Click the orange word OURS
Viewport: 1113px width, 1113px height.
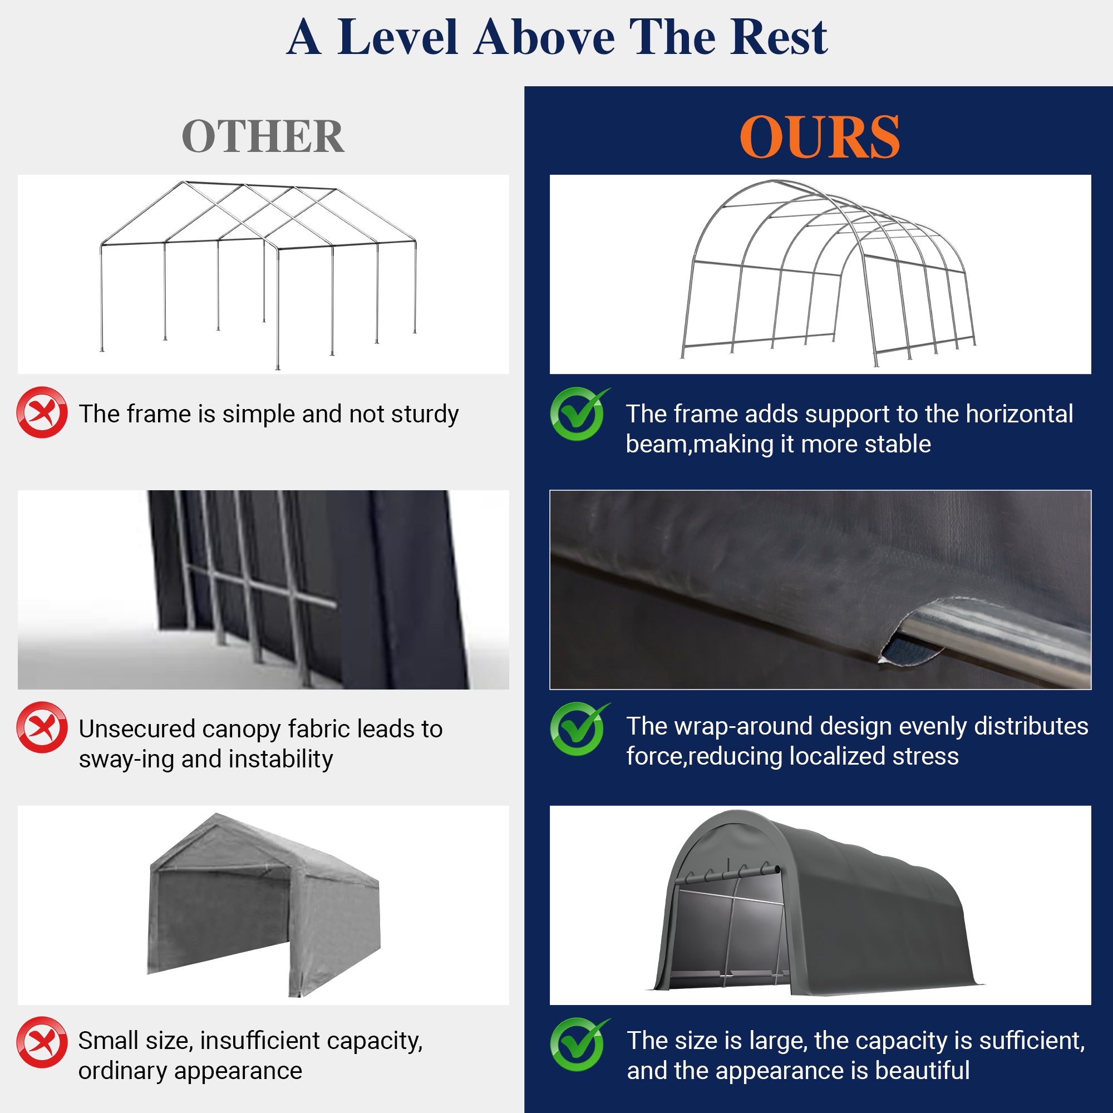(819, 137)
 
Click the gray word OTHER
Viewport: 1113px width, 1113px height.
(263, 137)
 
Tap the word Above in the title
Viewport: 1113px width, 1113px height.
(544, 38)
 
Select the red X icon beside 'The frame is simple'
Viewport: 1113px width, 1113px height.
(42, 412)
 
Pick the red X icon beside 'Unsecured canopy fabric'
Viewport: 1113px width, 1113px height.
(42, 727)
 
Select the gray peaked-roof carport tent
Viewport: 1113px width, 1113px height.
(264, 904)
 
